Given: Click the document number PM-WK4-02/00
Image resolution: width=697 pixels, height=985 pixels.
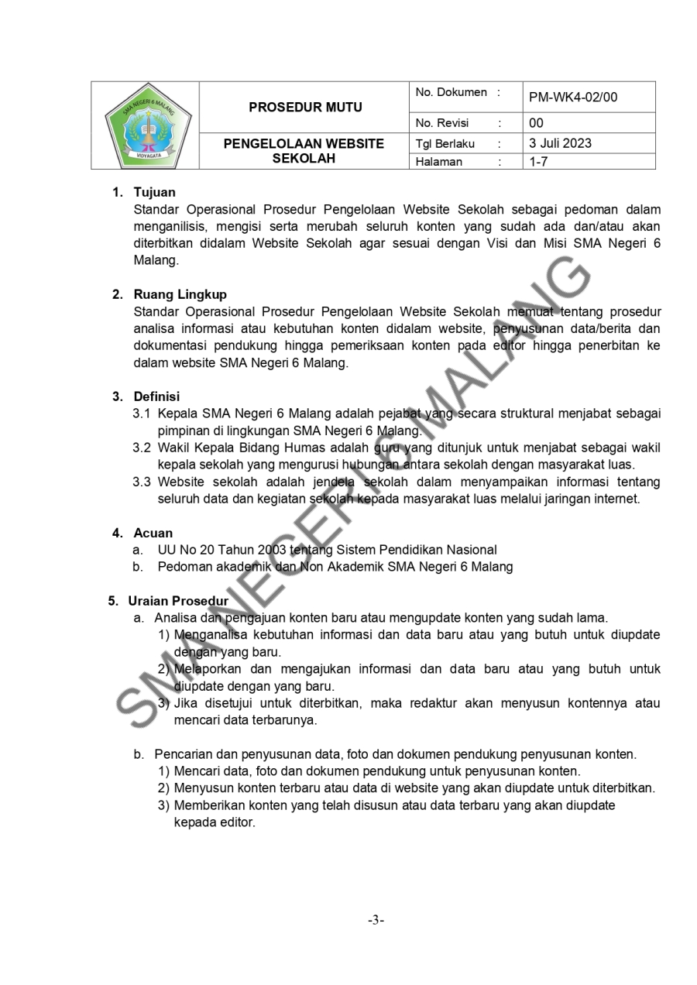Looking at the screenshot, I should point(572,98).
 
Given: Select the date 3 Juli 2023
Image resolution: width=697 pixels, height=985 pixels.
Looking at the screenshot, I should point(560,143).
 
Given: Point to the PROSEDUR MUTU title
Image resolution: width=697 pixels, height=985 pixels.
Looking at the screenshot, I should point(305,108).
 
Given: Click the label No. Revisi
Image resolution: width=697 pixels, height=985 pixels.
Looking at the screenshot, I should point(442,123).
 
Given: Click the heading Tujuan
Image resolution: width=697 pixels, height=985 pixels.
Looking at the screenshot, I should point(154,192).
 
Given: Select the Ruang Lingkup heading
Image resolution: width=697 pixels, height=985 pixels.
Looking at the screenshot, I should point(180,295).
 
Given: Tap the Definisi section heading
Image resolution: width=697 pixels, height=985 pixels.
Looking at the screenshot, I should point(156,397).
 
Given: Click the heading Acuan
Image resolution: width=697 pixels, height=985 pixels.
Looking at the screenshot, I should point(153,533).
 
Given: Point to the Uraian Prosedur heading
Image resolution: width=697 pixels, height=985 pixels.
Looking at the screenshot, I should point(178,601).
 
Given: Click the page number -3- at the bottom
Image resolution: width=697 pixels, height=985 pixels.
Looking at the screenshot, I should point(376,920).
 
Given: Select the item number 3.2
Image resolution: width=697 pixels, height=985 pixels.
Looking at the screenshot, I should point(142,448).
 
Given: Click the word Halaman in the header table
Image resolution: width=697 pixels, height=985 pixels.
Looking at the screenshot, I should point(438,162).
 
